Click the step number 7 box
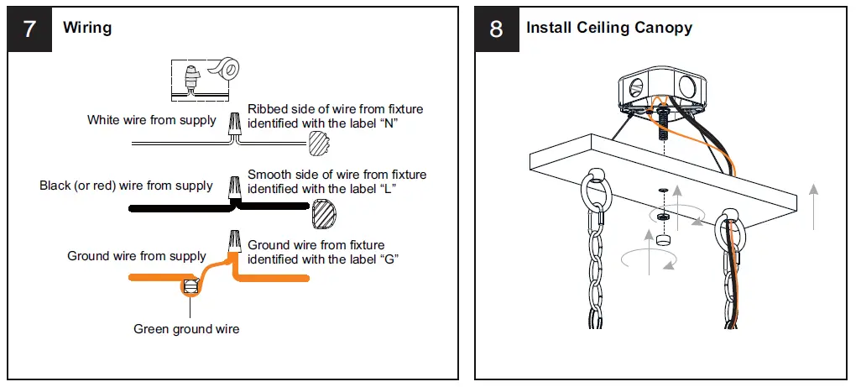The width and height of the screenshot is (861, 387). tap(29, 29)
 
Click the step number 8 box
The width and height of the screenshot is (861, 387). tap(496, 29)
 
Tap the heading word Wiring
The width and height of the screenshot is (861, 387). tap(87, 28)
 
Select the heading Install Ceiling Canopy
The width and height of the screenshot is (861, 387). tap(609, 28)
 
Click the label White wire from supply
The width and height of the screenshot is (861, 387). tap(152, 120)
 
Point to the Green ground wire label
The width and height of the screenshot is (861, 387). tap(186, 329)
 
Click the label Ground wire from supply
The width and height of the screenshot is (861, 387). tap(137, 255)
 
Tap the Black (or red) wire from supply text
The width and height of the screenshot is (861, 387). tap(126, 185)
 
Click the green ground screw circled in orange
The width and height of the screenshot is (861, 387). tap(190, 287)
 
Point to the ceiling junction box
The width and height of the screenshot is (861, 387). tap(662, 89)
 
